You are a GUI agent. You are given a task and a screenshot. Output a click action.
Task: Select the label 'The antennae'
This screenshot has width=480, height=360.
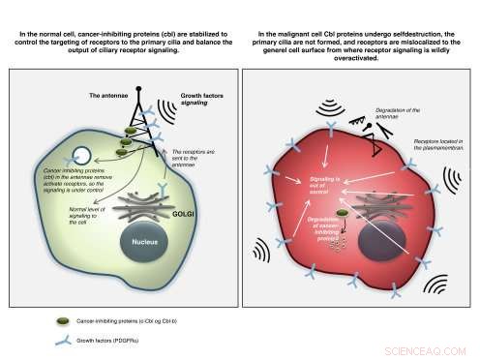108,97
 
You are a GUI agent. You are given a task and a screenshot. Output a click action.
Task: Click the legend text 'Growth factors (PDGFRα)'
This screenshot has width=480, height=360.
121,341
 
